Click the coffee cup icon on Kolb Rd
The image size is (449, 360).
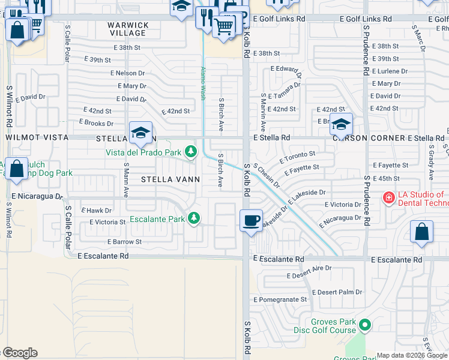(252, 220)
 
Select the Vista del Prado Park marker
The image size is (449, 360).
(191, 152)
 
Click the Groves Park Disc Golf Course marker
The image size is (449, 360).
(365, 326)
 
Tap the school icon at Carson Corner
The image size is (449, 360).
(341, 124)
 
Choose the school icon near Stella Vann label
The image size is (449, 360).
(140, 133)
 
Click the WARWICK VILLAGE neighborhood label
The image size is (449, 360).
(128, 29)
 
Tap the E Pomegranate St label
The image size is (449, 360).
(280, 299)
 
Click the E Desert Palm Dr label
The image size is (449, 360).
(340, 292)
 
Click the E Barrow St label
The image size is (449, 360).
(124, 242)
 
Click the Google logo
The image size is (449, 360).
(19, 353)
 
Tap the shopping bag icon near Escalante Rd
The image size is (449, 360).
(422, 233)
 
